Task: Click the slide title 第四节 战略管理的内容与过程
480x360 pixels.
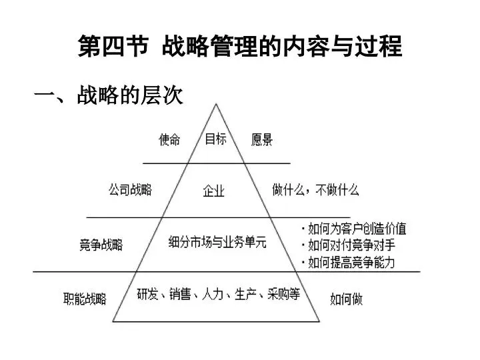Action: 240,46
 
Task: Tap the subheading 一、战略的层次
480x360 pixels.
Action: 109,95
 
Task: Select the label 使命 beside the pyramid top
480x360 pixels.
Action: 169,140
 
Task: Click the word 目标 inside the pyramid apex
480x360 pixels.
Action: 216,139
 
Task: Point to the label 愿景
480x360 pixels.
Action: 262,139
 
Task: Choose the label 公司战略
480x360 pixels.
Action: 131,189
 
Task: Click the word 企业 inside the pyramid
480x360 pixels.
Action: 214,191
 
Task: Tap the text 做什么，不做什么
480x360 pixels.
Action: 315,190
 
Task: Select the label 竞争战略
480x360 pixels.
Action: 101,245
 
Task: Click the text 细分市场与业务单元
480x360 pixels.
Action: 217,242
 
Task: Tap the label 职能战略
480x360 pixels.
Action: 85,299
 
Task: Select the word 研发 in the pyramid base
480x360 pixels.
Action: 147,294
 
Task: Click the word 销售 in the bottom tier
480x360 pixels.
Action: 180,294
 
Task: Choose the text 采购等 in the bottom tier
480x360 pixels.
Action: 284,294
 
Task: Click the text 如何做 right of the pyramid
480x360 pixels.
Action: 347,299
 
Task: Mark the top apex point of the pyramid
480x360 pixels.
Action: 216,104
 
